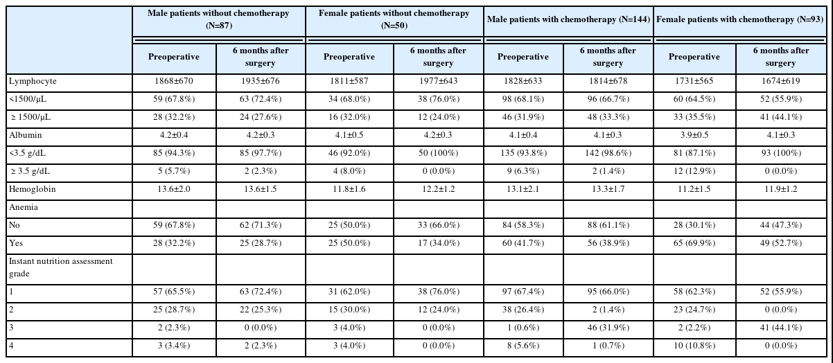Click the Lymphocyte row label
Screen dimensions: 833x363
tap(33, 81)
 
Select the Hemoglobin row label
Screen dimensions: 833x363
tap(33, 189)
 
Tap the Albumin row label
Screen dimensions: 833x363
tap(25, 135)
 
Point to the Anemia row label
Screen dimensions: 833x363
tap(24, 207)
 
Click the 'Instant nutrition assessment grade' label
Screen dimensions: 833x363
tap(60, 267)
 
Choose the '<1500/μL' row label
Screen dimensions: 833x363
tap(28, 99)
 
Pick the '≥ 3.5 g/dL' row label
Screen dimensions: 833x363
tap(30, 171)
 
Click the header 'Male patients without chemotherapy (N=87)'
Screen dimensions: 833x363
tap(219, 19)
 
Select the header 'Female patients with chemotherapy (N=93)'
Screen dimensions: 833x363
tap(739, 19)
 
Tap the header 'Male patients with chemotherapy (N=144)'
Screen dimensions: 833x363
tap(568, 19)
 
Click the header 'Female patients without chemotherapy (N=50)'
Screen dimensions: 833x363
tap(394, 19)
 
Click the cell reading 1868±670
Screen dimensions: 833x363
tap(174, 81)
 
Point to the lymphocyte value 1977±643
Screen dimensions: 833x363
tap(438, 81)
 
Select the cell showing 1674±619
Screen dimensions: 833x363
tap(780, 81)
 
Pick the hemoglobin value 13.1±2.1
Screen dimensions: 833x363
tap(523, 189)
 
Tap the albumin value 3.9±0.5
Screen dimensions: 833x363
tap(694, 135)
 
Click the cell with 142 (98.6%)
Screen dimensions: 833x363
tap(608, 153)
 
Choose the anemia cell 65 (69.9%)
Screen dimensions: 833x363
tap(694, 243)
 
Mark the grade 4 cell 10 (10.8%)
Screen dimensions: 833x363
tap(694, 346)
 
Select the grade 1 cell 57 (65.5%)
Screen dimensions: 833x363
tap(174, 292)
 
